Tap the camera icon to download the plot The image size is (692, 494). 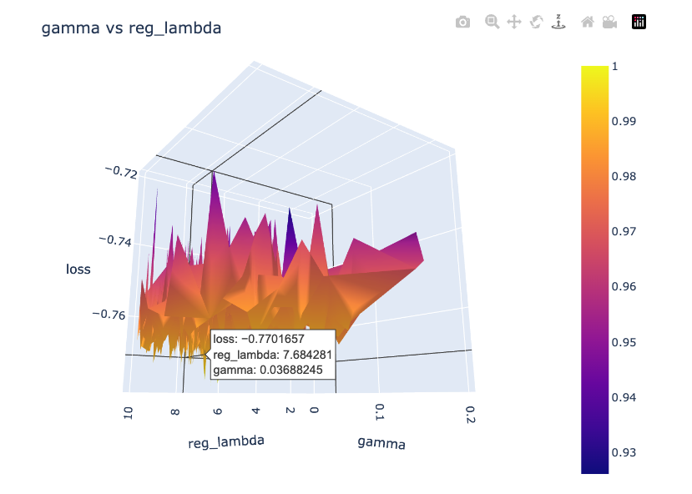pos(462,23)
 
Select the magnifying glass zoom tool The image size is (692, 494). pos(492,23)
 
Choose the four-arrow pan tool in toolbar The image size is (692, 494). pos(514,23)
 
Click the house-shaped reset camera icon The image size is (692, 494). pos(588,23)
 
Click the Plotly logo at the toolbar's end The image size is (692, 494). pos(639,23)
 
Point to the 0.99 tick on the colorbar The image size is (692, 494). pos(624,121)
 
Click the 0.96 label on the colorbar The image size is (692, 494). pos(624,286)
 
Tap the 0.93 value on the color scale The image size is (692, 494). pos(624,452)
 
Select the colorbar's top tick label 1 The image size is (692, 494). pos(615,66)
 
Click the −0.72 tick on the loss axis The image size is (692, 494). pos(121,171)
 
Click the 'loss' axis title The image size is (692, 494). pos(78,269)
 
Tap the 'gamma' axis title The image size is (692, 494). pos(381,442)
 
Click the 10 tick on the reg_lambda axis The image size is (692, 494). pos(128,415)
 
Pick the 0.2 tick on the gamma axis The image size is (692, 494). pos(471,415)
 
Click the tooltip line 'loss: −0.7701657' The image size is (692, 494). pos(258,339)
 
